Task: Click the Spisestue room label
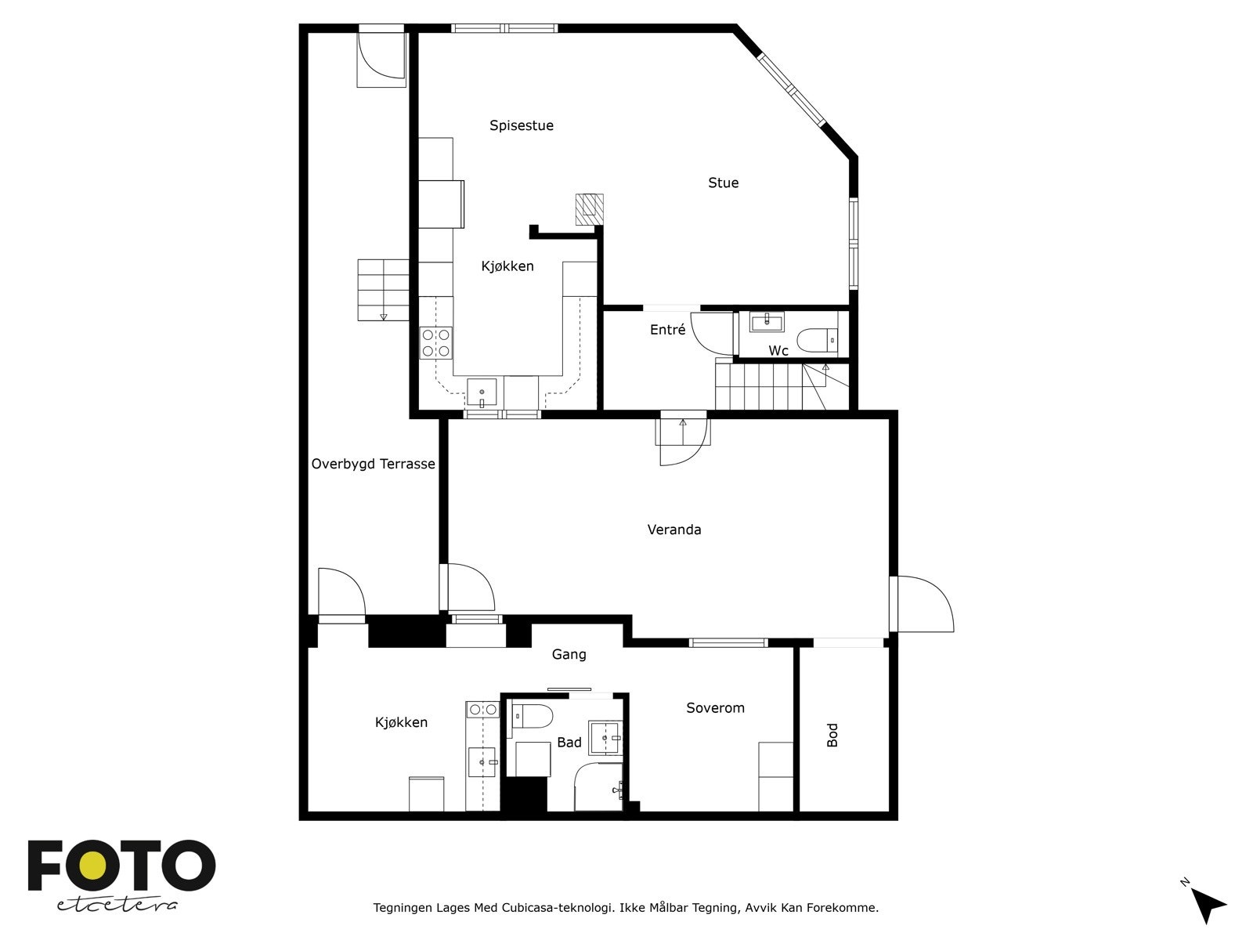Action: (x=522, y=125)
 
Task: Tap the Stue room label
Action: (x=723, y=183)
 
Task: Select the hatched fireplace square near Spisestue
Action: (x=590, y=209)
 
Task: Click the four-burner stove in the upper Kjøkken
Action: (x=436, y=343)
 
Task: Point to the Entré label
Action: (x=667, y=331)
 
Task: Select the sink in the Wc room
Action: (x=767, y=321)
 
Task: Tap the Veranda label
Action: (x=673, y=530)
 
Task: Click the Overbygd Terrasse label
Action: (x=373, y=464)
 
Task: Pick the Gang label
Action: (x=569, y=654)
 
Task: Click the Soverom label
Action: (x=715, y=708)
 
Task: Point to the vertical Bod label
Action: (x=832, y=735)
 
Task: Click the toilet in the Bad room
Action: (x=533, y=716)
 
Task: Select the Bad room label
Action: (x=569, y=742)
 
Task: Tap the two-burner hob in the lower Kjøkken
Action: (x=482, y=710)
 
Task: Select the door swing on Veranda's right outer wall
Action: (x=924, y=604)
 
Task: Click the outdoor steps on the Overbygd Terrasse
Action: (x=384, y=290)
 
